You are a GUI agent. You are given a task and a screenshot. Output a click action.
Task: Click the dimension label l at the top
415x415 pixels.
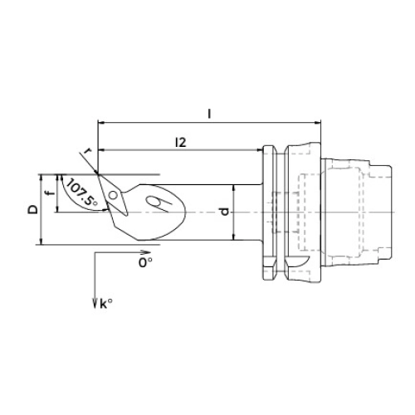pyautogui.click(x=209, y=114)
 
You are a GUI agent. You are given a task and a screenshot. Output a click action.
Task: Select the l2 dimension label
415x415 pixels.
pyautogui.click(x=180, y=143)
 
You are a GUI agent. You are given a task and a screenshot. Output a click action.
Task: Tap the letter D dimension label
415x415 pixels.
pyautogui.click(x=33, y=209)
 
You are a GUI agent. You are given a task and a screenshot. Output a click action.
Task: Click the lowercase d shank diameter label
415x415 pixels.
pyautogui.click(x=225, y=212)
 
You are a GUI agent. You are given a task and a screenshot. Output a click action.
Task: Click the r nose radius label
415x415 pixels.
pyautogui.click(x=88, y=151)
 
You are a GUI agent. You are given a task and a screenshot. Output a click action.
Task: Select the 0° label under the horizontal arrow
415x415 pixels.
pyautogui.click(x=145, y=262)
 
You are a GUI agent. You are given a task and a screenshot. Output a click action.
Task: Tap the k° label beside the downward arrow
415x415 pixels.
pyautogui.click(x=106, y=305)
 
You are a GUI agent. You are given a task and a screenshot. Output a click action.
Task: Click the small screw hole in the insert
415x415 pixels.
pyautogui.click(x=113, y=195)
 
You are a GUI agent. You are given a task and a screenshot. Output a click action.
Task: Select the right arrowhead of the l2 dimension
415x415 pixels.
pyautogui.click(x=259, y=150)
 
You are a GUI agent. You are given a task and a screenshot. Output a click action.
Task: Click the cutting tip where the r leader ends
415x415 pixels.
pyautogui.click(x=97, y=173)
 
